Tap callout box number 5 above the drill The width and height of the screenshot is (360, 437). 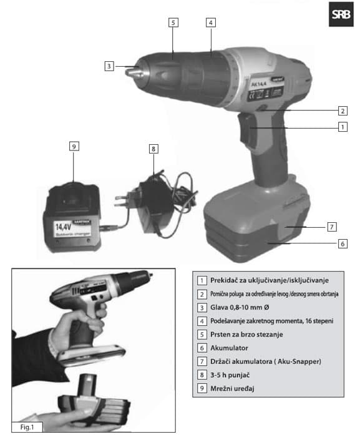pos(173,22)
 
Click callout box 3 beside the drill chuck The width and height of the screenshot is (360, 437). pos(109,65)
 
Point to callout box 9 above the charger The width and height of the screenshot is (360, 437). pos(74,146)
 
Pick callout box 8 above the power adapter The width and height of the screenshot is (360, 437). pos(153,149)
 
